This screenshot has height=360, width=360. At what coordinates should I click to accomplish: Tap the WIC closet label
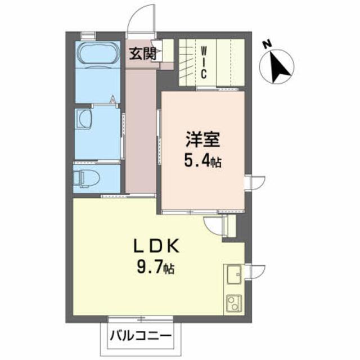point(204,62)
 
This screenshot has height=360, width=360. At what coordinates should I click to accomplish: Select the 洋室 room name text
point(203,139)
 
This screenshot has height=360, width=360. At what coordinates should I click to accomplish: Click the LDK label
point(156,246)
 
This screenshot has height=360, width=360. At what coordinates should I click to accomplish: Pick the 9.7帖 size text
point(155,268)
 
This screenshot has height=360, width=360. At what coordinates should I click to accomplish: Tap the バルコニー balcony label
point(141,336)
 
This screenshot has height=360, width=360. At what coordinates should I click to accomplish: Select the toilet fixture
point(87,179)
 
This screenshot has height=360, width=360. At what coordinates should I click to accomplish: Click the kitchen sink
point(234,274)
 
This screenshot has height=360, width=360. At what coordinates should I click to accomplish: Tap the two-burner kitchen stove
point(234,303)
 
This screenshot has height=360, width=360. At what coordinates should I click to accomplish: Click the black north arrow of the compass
point(279,67)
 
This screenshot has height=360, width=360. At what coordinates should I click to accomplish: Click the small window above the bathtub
point(88,36)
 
